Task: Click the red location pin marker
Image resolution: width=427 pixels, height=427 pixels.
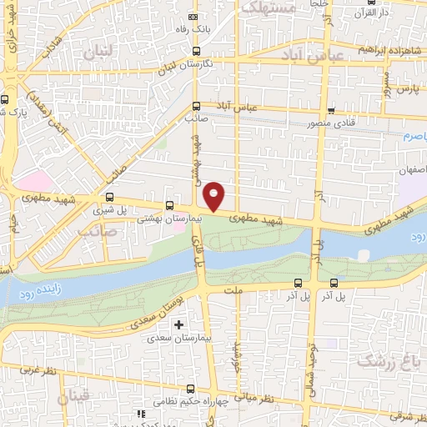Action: pyautogui.click(x=214, y=195)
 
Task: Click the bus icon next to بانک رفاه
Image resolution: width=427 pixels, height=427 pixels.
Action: pyautogui.click(x=194, y=17)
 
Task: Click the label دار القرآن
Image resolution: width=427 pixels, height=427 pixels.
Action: pyautogui.click(x=373, y=13)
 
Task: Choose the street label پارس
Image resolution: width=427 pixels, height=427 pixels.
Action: pyautogui.click(x=405, y=87)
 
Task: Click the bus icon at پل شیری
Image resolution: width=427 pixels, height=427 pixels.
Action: pyautogui.click(x=110, y=198)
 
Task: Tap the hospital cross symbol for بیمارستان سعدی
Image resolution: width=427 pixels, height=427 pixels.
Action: pyautogui.click(x=178, y=324)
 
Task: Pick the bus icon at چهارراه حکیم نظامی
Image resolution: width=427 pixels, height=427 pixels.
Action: pyautogui.click(x=192, y=389)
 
